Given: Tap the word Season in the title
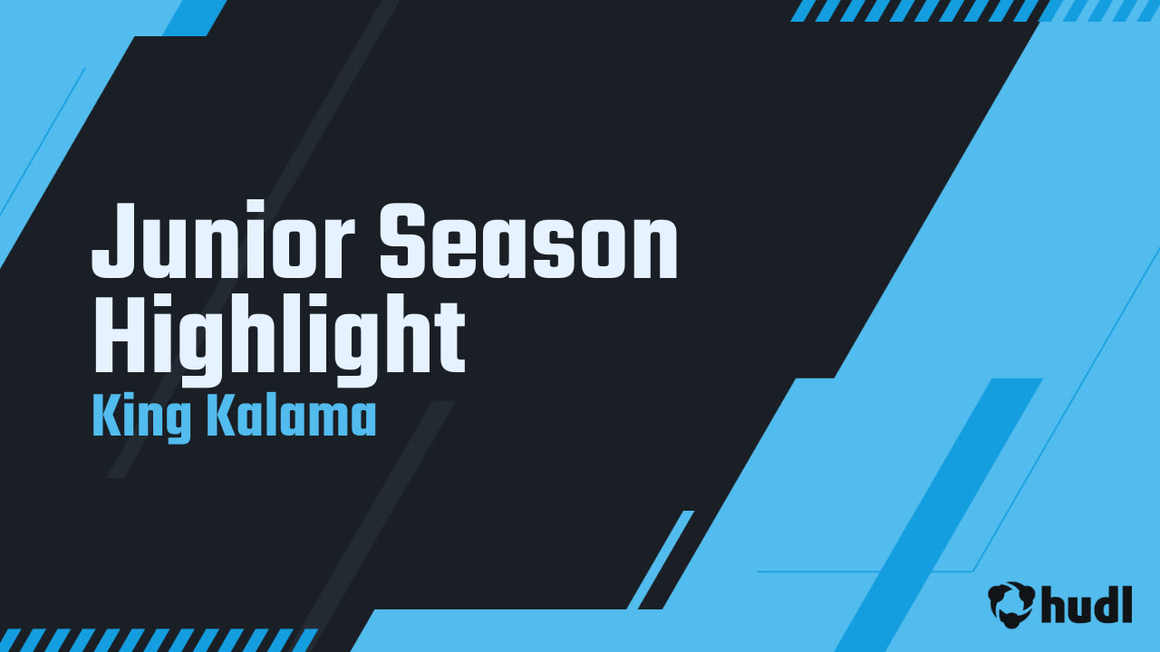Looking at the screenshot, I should tap(528, 242).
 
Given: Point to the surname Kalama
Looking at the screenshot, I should tap(290, 417).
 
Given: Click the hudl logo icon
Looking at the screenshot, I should tap(1011, 602).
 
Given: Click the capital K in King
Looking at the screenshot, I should tap(104, 417).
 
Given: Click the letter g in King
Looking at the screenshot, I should tap(179, 423).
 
